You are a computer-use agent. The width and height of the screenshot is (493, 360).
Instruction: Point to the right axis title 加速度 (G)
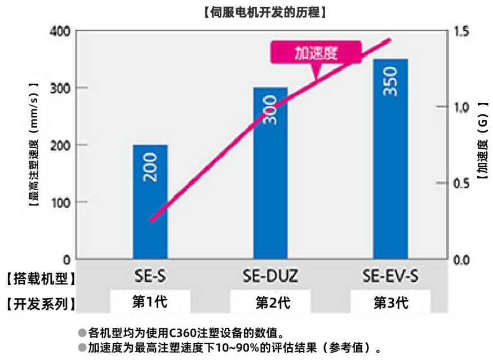click(x=482, y=141)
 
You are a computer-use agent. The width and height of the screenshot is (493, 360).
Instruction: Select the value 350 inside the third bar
click(x=391, y=82)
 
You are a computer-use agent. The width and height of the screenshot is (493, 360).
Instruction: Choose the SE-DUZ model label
click(x=270, y=277)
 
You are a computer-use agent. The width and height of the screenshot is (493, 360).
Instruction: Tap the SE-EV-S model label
click(x=390, y=277)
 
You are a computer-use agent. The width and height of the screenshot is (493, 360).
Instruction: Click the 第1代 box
click(x=150, y=301)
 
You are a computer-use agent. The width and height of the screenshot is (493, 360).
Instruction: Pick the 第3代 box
click(x=390, y=302)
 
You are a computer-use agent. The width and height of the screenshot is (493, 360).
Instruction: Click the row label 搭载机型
click(x=40, y=278)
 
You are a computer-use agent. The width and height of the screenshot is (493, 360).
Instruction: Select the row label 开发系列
click(x=40, y=304)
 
